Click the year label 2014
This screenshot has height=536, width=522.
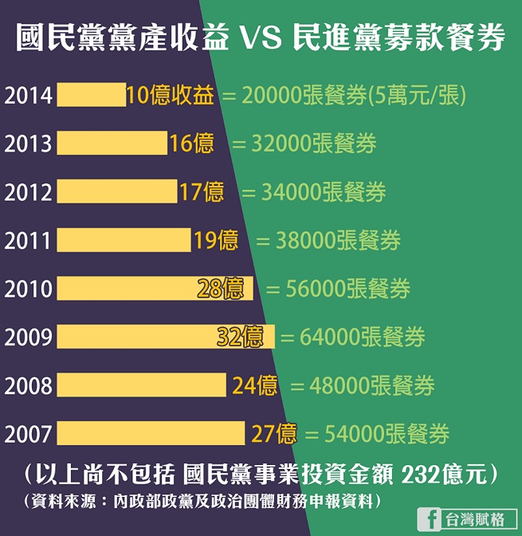click(28, 96)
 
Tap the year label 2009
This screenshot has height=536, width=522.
click(28, 337)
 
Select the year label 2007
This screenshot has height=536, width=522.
click(28, 435)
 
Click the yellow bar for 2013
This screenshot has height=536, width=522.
click(112, 144)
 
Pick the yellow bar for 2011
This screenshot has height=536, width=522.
click(124, 240)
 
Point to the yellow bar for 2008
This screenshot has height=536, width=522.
click(143, 386)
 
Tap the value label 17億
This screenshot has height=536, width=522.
click(202, 192)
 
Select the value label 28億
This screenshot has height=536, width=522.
click(221, 289)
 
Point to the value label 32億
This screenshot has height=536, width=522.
click(240, 337)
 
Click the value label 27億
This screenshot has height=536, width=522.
click(274, 435)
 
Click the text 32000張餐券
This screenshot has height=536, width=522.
click(314, 144)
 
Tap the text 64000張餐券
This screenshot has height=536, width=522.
click(363, 337)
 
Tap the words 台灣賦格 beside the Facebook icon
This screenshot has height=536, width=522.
click(476, 518)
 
